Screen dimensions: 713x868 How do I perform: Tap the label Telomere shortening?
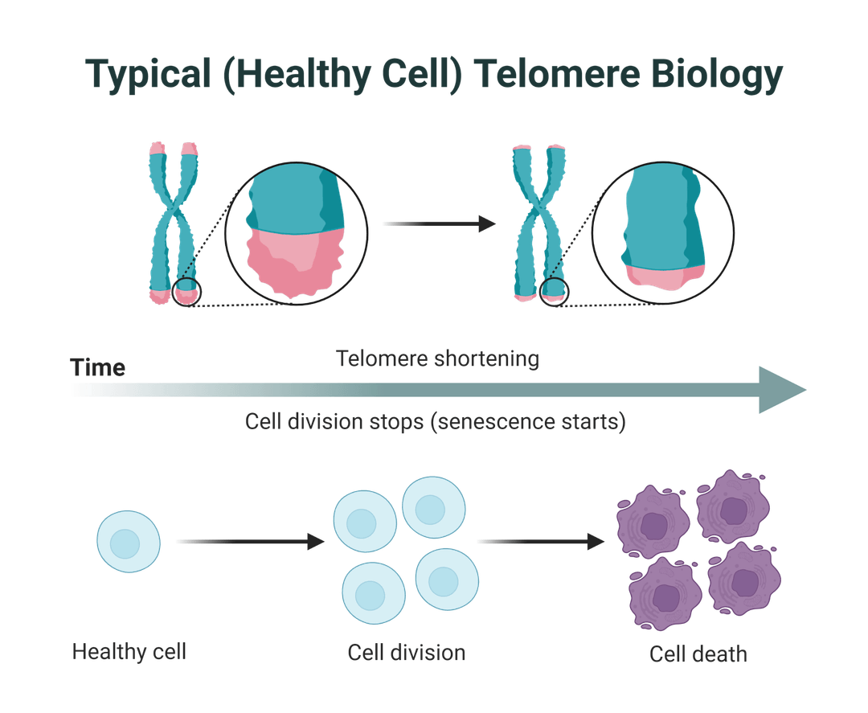[x=437, y=359]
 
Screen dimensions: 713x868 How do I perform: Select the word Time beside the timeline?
[x=97, y=368]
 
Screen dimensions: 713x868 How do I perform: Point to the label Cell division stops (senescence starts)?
[x=434, y=422]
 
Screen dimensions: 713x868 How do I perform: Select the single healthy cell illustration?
[x=128, y=543]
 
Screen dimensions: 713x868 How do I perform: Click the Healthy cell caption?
[x=129, y=650]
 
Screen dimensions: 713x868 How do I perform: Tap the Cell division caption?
[x=407, y=651]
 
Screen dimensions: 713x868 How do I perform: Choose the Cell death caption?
[x=698, y=654]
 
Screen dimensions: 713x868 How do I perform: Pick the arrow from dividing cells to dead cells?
[x=540, y=542]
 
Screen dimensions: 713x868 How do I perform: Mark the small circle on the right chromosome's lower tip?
[x=555, y=291]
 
